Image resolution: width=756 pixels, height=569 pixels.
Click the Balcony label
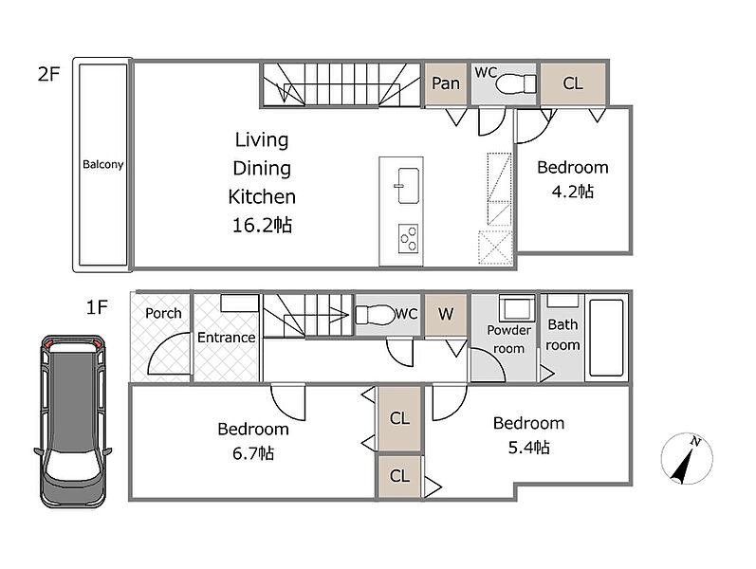[x=102, y=164]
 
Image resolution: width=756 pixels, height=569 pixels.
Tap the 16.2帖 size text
[x=262, y=225]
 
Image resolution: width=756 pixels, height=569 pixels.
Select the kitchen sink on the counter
[x=408, y=186]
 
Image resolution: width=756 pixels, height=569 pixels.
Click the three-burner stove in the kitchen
[x=409, y=239]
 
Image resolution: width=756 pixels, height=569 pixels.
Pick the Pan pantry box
[x=446, y=83]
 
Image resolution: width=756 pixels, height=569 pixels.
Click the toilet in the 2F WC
[x=515, y=83]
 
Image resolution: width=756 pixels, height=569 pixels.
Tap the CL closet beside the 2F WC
[x=573, y=83]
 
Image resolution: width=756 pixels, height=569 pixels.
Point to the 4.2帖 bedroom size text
[x=572, y=192]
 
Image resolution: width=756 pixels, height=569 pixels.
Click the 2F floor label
[x=48, y=74]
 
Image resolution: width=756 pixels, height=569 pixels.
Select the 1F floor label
[x=97, y=306]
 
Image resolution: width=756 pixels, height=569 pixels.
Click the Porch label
[x=163, y=314]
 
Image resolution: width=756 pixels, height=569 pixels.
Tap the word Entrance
[x=226, y=338]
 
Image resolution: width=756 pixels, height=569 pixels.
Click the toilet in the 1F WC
[x=375, y=315]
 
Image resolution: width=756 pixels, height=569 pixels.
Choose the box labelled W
[x=446, y=315]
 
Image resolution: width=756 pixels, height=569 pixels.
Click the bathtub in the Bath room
[x=606, y=338]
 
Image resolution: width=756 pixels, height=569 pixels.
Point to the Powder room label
[x=508, y=339]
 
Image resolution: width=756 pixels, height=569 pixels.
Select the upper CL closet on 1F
[x=399, y=418]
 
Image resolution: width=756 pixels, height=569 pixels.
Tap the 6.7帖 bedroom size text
[x=253, y=453]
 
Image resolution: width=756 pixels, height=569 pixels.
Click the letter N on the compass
[x=694, y=441]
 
